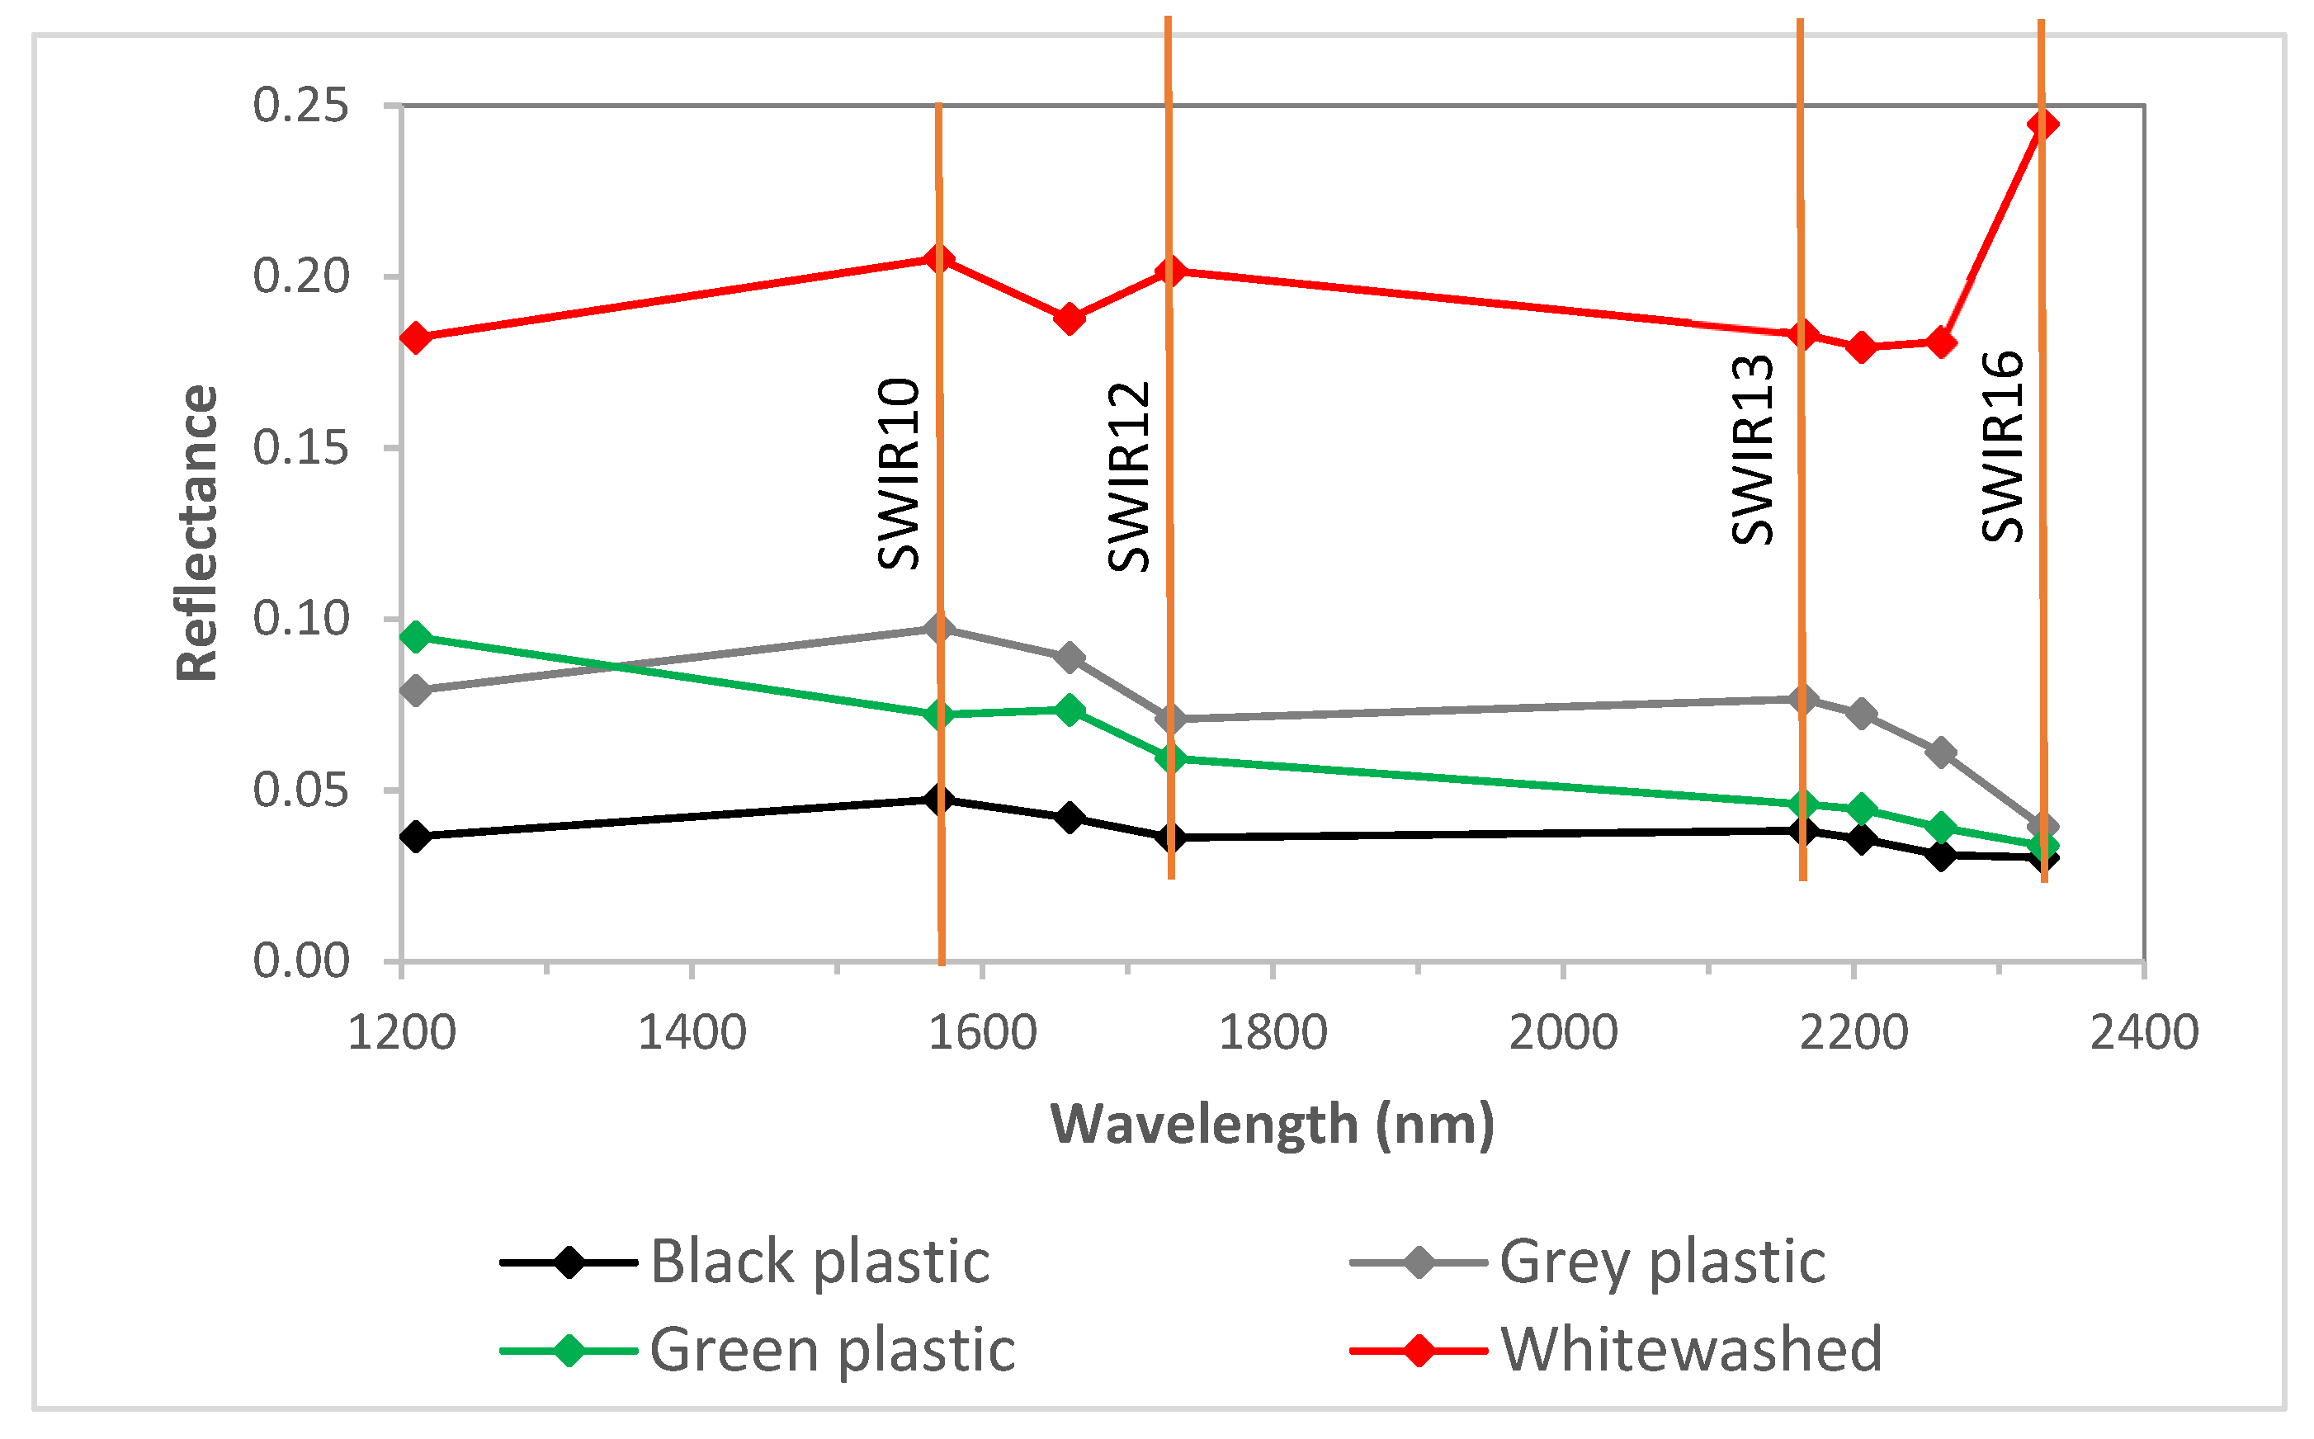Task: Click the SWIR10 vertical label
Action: tap(899, 474)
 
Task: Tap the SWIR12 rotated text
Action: tap(1130, 476)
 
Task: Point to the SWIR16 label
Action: tap(2003, 446)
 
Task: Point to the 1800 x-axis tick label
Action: tap(1273, 1032)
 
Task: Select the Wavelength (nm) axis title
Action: tap(1273, 1124)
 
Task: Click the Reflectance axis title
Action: tap(198, 533)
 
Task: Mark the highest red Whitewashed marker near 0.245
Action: tap(2042, 125)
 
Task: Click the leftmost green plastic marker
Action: tap(415, 637)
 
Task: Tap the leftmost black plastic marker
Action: tap(415, 837)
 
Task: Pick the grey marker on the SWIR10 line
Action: tap(938, 628)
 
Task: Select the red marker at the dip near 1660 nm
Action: tap(1069, 318)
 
